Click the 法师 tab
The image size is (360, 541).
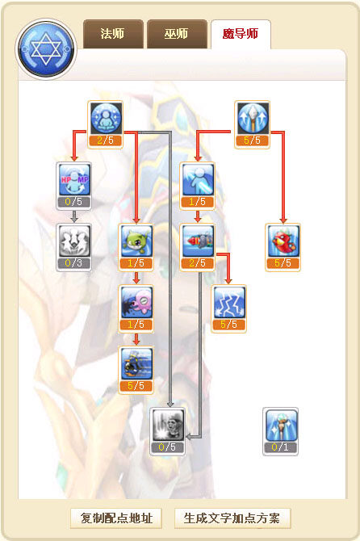click(x=113, y=34)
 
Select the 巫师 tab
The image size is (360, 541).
click(x=177, y=34)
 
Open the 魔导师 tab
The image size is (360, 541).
click(x=241, y=34)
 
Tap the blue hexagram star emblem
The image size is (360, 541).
click(x=46, y=49)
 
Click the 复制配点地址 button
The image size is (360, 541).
click(x=116, y=518)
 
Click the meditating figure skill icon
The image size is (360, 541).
click(x=106, y=118)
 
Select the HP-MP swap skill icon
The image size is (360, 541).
click(x=74, y=179)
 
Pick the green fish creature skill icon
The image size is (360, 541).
click(x=136, y=241)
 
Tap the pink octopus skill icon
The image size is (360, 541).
click(x=136, y=302)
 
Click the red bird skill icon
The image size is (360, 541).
click(x=283, y=241)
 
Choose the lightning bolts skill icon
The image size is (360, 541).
click(x=228, y=302)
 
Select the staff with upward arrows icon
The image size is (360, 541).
click(x=253, y=118)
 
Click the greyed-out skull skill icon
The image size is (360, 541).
click(x=167, y=425)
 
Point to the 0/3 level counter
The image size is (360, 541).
click(x=73, y=263)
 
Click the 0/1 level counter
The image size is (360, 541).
click(x=280, y=447)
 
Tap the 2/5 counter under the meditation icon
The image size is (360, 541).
click(x=106, y=140)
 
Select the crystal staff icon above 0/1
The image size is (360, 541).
click(x=281, y=425)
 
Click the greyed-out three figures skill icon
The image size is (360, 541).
click(x=74, y=241)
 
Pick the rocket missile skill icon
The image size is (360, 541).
click(x=198, y=241)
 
